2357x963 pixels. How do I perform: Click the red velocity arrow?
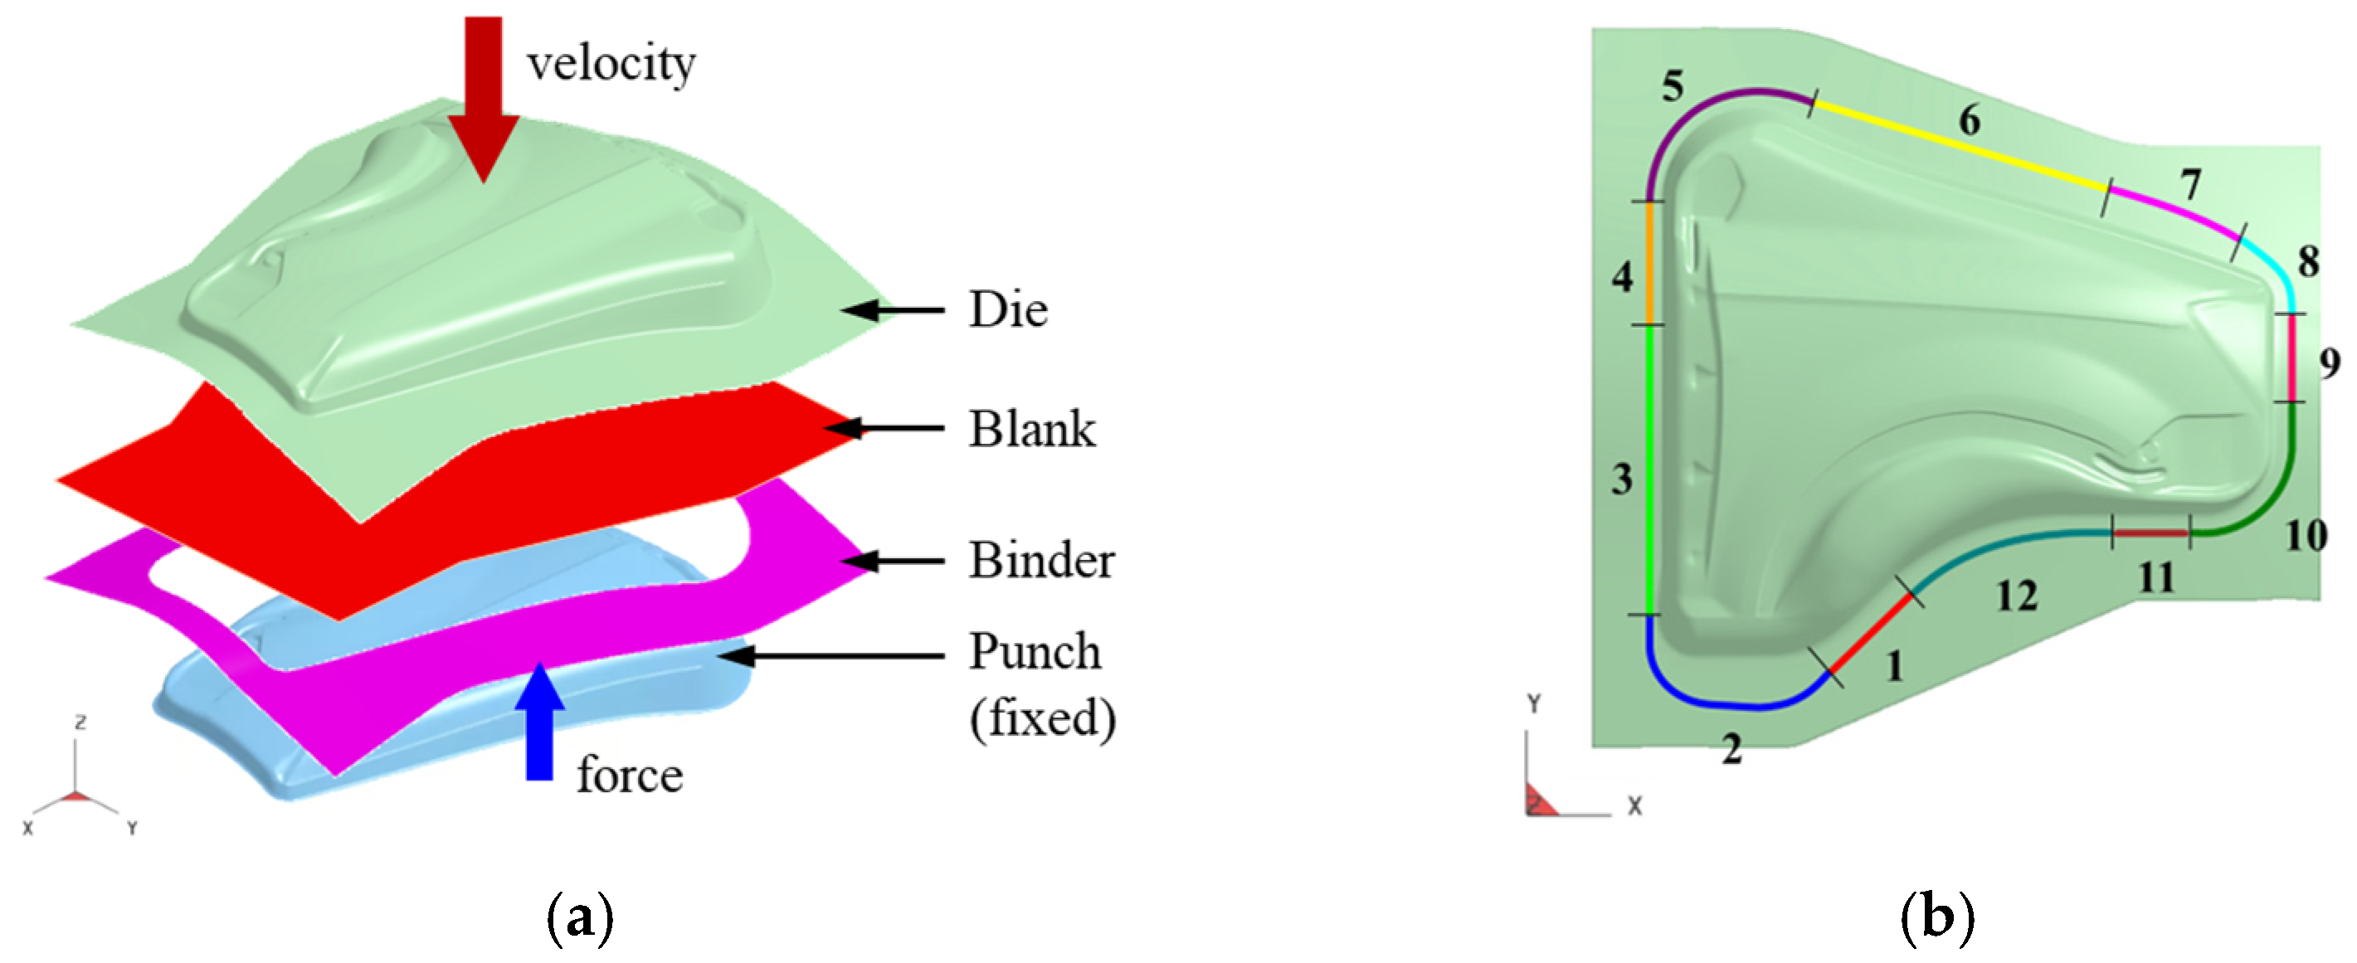point(483,91)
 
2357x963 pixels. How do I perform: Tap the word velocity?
point(611,64)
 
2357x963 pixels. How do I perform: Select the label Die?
point(1007,310)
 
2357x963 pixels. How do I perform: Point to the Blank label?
point(1031,429)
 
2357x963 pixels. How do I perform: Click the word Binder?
point(1041,561)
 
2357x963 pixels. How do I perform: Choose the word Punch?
point(1034,653)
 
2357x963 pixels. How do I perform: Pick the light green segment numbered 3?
point(1647,466)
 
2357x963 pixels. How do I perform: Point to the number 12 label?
point(2016,597)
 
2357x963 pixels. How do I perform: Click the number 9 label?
point(2329,364)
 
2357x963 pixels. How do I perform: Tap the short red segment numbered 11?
point(2150,533)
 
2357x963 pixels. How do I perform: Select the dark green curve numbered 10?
point(2269,494)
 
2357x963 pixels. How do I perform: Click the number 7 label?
point(2189,186)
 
